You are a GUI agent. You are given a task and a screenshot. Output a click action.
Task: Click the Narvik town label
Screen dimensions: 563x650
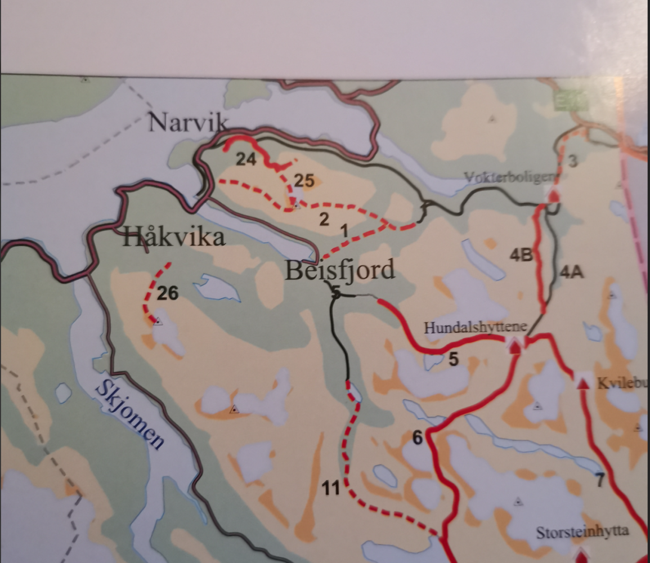coord(189,122)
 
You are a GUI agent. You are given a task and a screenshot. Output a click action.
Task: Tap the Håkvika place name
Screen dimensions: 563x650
coord(174,238)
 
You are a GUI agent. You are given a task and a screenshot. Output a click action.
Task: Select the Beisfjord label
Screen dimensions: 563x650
coord(339,271)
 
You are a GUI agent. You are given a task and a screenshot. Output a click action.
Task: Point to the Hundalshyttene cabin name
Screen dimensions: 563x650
coord(475,328)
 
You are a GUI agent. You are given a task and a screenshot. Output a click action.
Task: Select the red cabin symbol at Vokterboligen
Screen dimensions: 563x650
coord(554,195)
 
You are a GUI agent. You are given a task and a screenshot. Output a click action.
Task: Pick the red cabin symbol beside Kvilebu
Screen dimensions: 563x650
coord(583,383)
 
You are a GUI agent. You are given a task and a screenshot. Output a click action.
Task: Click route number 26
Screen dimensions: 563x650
coord(168,293)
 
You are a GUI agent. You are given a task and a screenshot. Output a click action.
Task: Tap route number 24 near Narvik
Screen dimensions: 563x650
coord(246,160)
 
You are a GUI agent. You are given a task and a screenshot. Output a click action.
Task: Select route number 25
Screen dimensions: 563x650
coord(303,181)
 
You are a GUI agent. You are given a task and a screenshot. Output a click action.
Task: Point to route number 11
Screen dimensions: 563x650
coord(331,489)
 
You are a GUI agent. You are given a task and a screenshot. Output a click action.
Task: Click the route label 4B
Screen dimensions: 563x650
coord(521,255)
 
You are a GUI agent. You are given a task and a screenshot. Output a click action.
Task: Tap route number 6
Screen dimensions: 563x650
coord(418,437)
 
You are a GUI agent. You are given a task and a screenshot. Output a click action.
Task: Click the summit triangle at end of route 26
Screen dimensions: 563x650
coord(158,321)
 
